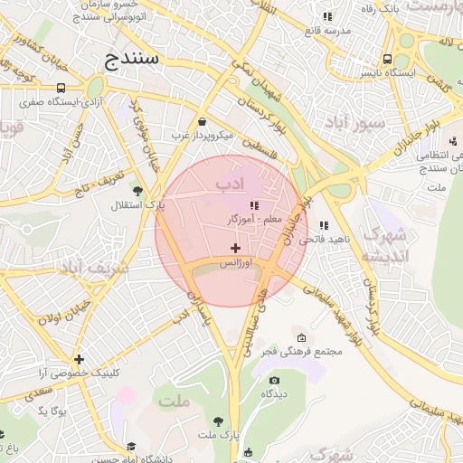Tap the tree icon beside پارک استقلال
coord(137,191)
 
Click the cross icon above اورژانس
coord(236,247)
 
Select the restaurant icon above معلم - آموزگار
coord(253,206)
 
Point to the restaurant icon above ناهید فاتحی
coord(324,225)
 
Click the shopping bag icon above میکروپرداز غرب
coord(201,121)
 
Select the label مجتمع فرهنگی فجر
coord(293,351)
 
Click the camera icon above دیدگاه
coord(274,381)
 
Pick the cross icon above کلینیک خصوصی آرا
coord(80,359)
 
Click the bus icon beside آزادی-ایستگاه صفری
coord(61,89)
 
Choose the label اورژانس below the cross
coord(236,262)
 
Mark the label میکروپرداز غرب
coord(202,136)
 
